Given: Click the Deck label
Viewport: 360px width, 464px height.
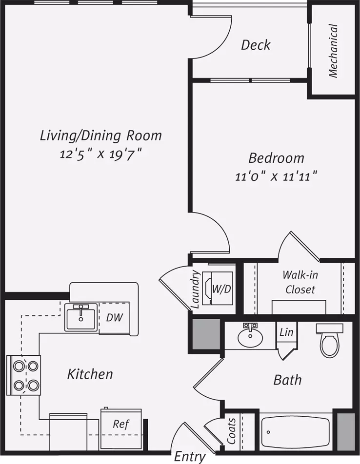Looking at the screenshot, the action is click(256, 45).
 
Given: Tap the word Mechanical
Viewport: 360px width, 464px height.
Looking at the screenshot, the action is click(333, 51).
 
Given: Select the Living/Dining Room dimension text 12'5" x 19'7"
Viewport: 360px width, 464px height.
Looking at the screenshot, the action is click(100, 154).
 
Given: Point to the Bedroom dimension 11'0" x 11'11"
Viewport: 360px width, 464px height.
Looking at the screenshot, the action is click(276, 176).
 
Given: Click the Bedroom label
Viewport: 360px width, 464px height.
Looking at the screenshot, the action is click(276, 158).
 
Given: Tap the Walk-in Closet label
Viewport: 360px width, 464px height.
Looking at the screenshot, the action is click(300, 282).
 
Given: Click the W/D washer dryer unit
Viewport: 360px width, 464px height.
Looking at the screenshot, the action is click(218, 289).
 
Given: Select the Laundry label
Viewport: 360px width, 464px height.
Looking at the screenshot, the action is click(196, 289).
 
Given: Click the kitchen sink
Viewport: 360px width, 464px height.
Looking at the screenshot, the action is click(81, 317).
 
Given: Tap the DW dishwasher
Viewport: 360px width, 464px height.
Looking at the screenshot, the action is click(114, 318).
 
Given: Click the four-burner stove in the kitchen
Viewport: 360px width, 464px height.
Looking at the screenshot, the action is click(23, 375).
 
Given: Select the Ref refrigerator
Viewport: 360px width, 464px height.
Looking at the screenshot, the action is click(121, 429).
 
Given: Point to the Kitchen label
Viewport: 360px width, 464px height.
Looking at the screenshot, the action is click(90, 374).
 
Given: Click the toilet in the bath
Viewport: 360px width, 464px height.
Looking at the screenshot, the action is click(329, 340).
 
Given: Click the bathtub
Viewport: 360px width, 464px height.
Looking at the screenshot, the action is click(296, 432).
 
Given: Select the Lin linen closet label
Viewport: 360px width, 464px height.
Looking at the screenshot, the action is click(286, 332).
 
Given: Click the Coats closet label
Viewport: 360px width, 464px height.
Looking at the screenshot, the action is click(231, 431).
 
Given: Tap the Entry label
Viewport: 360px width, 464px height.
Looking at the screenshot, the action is click(189, 457).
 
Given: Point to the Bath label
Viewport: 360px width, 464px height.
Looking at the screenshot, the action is click(287, 380).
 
